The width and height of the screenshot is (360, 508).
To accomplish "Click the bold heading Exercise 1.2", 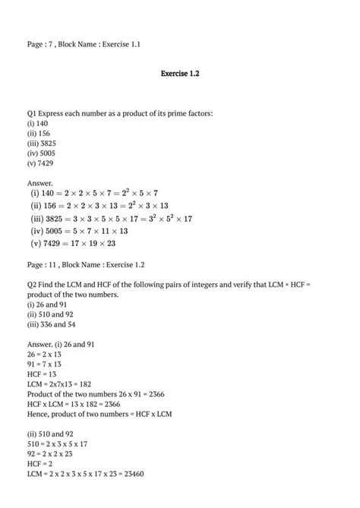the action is (x=180, y=74).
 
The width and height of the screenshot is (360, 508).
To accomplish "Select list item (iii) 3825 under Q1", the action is (x=41, y=143).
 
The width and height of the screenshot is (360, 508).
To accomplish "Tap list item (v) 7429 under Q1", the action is (x=40, y=162).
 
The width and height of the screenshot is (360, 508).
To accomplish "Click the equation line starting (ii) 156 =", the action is (x=99, y=206).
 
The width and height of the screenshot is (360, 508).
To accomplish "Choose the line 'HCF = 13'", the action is (x=43, y=374).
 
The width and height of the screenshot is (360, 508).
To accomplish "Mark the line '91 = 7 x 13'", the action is (x=46, y=364).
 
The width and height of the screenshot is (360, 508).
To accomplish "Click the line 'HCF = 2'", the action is (x=41, y=463).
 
